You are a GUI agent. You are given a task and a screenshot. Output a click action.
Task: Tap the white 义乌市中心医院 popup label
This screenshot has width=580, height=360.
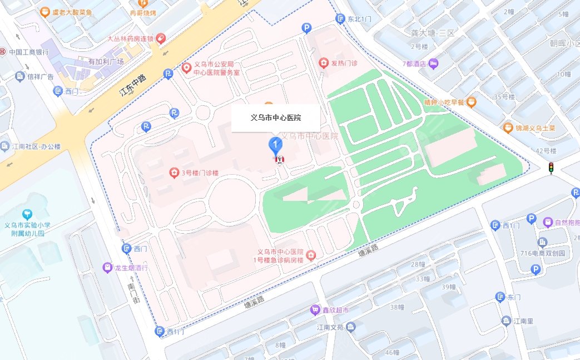coord(275,118)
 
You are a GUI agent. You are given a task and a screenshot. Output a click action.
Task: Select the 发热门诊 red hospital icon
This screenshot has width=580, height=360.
coord(323,63)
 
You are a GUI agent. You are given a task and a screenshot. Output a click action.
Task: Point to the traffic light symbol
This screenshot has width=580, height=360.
coord(551,168)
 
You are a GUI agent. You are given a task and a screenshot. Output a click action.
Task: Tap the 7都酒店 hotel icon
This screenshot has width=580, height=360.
coord(434,63)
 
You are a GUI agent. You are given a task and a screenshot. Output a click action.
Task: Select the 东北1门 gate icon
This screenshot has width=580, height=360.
coord(340,19)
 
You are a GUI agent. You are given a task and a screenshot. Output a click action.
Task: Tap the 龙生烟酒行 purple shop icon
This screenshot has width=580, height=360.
coord(107,268)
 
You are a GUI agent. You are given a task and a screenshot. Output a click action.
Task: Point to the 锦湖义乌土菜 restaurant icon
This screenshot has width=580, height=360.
coord(508,128)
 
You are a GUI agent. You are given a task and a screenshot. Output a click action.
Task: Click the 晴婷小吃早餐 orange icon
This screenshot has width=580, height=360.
coord(472,101)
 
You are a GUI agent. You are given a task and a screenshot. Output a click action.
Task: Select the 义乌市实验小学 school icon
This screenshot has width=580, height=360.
coord(26,214)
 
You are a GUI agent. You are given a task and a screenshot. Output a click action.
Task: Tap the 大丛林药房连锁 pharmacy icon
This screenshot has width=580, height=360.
coord(160,38)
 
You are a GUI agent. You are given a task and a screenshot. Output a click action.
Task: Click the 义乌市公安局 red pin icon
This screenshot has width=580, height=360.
coord(187,68)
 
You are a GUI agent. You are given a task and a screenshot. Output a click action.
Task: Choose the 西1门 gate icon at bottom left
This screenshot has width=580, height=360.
coord(160,332)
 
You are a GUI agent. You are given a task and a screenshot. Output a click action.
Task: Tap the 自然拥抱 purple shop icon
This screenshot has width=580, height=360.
coord(548,223)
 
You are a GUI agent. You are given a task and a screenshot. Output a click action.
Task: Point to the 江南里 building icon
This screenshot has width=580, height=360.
coord(506,321)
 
